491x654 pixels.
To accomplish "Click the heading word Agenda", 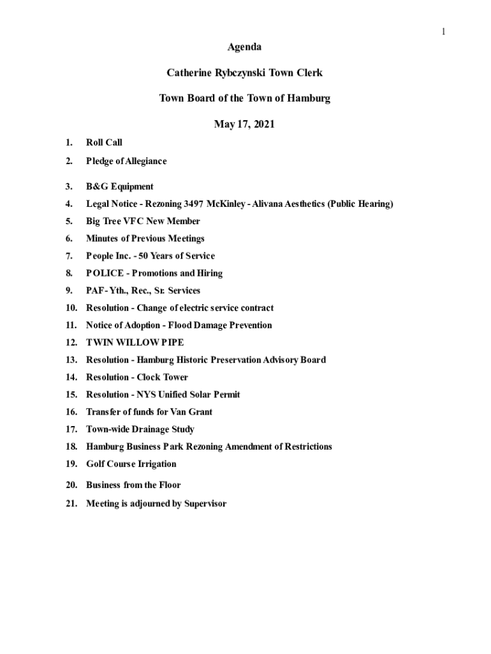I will pyautogui.click(x=244, y=47).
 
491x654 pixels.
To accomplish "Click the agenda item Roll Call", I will pyautogui.click(x=104, y=142).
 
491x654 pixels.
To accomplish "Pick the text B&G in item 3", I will pyautogui.click(x=97, y=186).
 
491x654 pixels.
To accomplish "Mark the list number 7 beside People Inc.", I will pyautogui.click(x=68, y=255).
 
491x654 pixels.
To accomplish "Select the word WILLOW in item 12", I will pyautogui.click(x=136, y=342).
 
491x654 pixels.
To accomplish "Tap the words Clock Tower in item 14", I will pyautogui.click(x=163, y=377).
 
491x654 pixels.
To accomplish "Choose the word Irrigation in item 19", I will pyautogui.click(x=154, y=464).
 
